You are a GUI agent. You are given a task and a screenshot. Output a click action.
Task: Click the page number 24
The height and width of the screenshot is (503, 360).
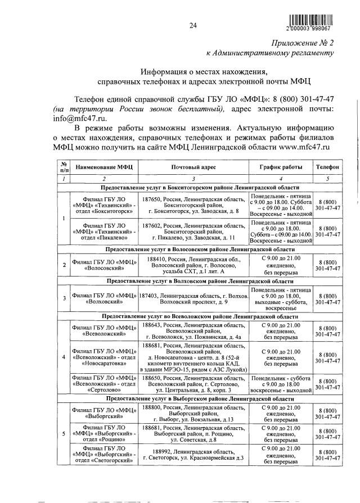[193, 25]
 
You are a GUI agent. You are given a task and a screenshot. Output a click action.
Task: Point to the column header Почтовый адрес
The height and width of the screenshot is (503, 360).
[193, 167]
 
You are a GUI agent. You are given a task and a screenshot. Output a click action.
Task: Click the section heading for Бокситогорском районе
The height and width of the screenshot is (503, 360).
[200, 187]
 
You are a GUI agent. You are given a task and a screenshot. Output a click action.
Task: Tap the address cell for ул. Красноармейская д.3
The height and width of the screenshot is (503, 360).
[193, 455]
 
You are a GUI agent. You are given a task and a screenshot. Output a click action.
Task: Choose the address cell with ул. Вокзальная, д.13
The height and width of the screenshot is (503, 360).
[193, 412]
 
